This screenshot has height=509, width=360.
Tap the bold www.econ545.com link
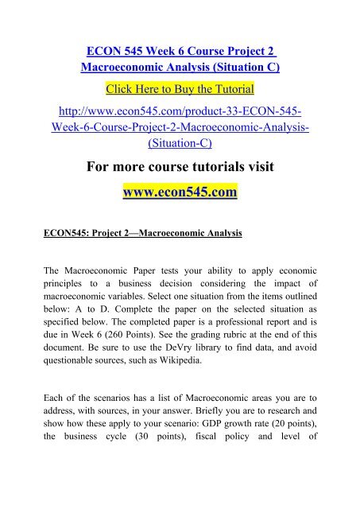(180, 192)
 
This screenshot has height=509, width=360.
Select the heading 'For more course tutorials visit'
(180, 167)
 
